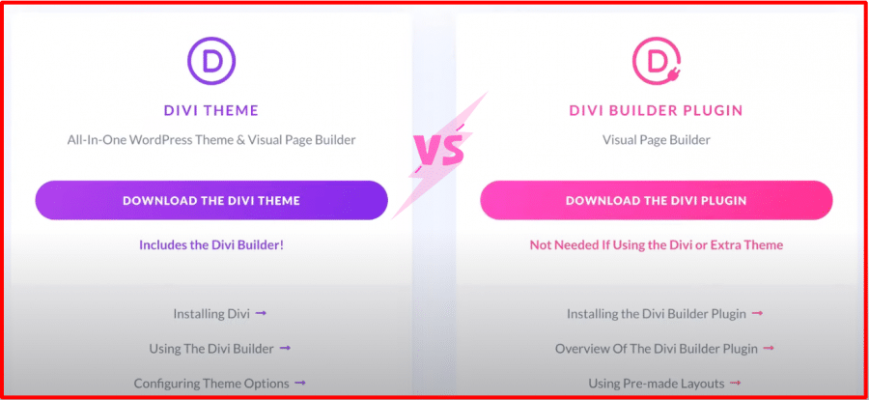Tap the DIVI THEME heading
(x=211, y=110)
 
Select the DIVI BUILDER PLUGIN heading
(x=657, y=110)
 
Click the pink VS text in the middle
(x=438, y=151)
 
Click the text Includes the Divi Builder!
(x=211, y=244)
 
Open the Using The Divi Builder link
(x=211, y=349)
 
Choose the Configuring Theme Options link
(x=211, y=383)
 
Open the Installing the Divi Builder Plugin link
(x=657, y=313)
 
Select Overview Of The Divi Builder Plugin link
(x=657, y=349)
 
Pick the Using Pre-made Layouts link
(x=657, y=383)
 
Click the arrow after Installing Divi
(x=261, y=313)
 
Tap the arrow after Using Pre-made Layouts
(x=736, y=383)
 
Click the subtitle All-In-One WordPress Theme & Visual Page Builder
(x=211, y=140)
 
